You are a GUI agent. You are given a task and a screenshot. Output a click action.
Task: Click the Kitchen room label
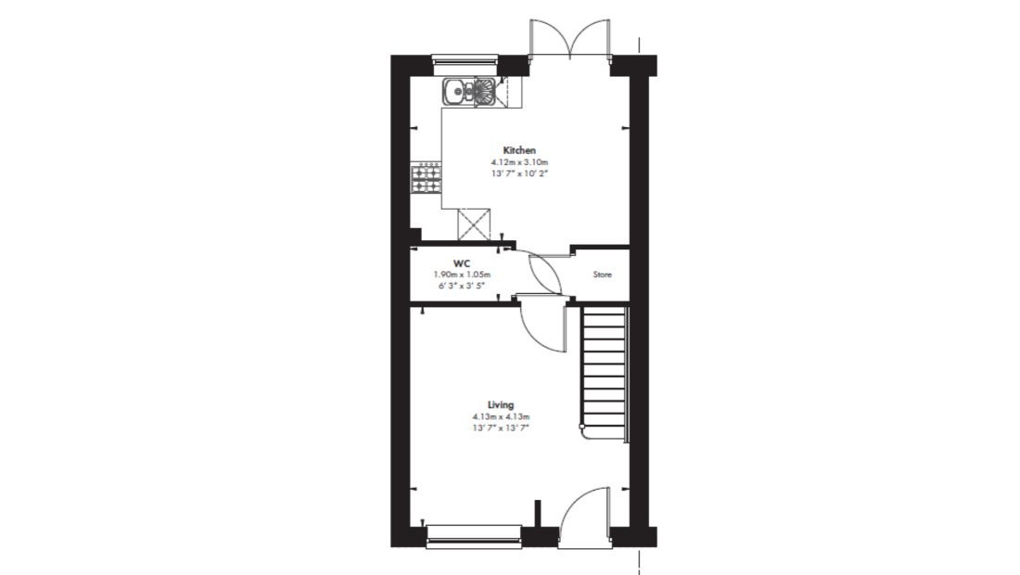[519, 150]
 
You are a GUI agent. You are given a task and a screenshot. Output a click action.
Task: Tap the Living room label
[501, 404]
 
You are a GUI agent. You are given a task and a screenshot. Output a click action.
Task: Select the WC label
[462, 263]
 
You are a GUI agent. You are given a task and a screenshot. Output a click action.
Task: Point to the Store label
[603, 275]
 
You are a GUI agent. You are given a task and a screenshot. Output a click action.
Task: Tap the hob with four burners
[427, 179]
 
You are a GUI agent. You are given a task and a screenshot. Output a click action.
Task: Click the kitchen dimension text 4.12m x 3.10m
[519, 162]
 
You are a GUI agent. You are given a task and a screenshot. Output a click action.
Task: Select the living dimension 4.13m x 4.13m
[501, 416]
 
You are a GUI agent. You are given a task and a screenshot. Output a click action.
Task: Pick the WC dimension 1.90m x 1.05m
[462, 275]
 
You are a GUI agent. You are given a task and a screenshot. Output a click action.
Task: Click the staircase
[604, 374]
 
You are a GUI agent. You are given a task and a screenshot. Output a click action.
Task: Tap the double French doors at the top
[570, 39]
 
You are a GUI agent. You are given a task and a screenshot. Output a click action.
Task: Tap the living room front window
[474, 534]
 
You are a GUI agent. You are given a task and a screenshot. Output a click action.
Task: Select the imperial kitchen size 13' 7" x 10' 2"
[519, 173]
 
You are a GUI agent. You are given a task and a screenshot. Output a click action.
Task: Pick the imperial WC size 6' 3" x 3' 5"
[462, 286]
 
